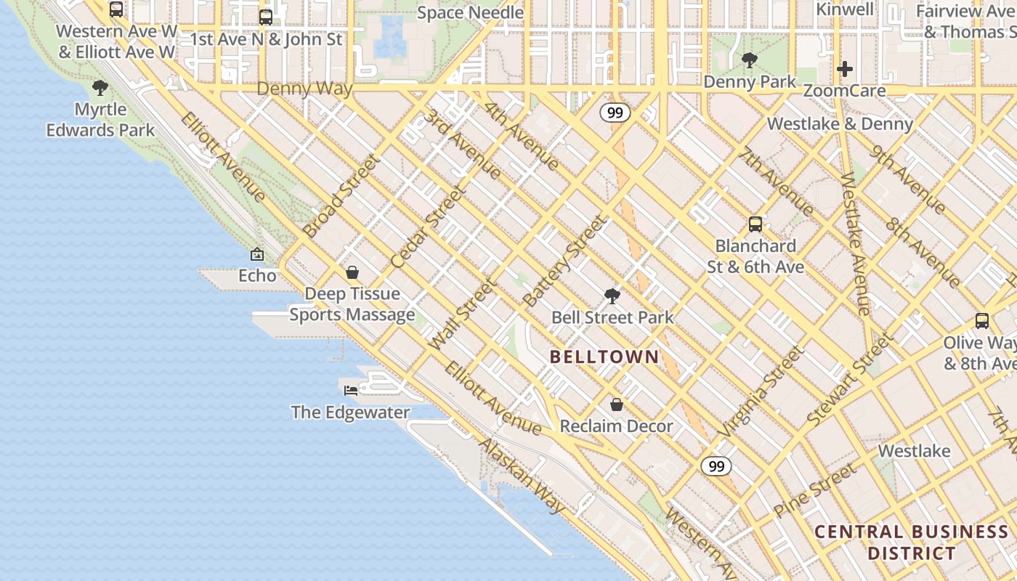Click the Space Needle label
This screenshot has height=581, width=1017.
[470, 12]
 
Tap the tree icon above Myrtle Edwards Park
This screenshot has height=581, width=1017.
[100, 89]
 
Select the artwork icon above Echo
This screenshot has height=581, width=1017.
[257, 254]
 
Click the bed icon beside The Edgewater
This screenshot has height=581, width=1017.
[351, 390]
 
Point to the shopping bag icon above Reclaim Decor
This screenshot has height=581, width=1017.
[617, 405]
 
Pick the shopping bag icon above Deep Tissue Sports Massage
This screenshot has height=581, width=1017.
[352, 272]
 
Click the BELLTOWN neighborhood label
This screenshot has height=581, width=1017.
[604, 357]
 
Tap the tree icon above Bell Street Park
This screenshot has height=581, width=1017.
[612, 296]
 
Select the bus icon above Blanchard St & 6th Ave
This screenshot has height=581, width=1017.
[755, 224]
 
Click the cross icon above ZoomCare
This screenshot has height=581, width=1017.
[845, 69]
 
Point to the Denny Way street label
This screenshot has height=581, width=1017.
[305, 89]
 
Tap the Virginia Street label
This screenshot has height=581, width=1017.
[761, 391]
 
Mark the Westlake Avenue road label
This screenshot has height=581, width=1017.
[855, 245]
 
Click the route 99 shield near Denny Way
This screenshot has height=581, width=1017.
[615, 113]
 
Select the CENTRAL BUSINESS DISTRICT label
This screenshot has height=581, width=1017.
[912, 542]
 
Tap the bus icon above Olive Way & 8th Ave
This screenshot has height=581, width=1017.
[982, 320]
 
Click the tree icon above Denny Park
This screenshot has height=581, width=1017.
[750, 60]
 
